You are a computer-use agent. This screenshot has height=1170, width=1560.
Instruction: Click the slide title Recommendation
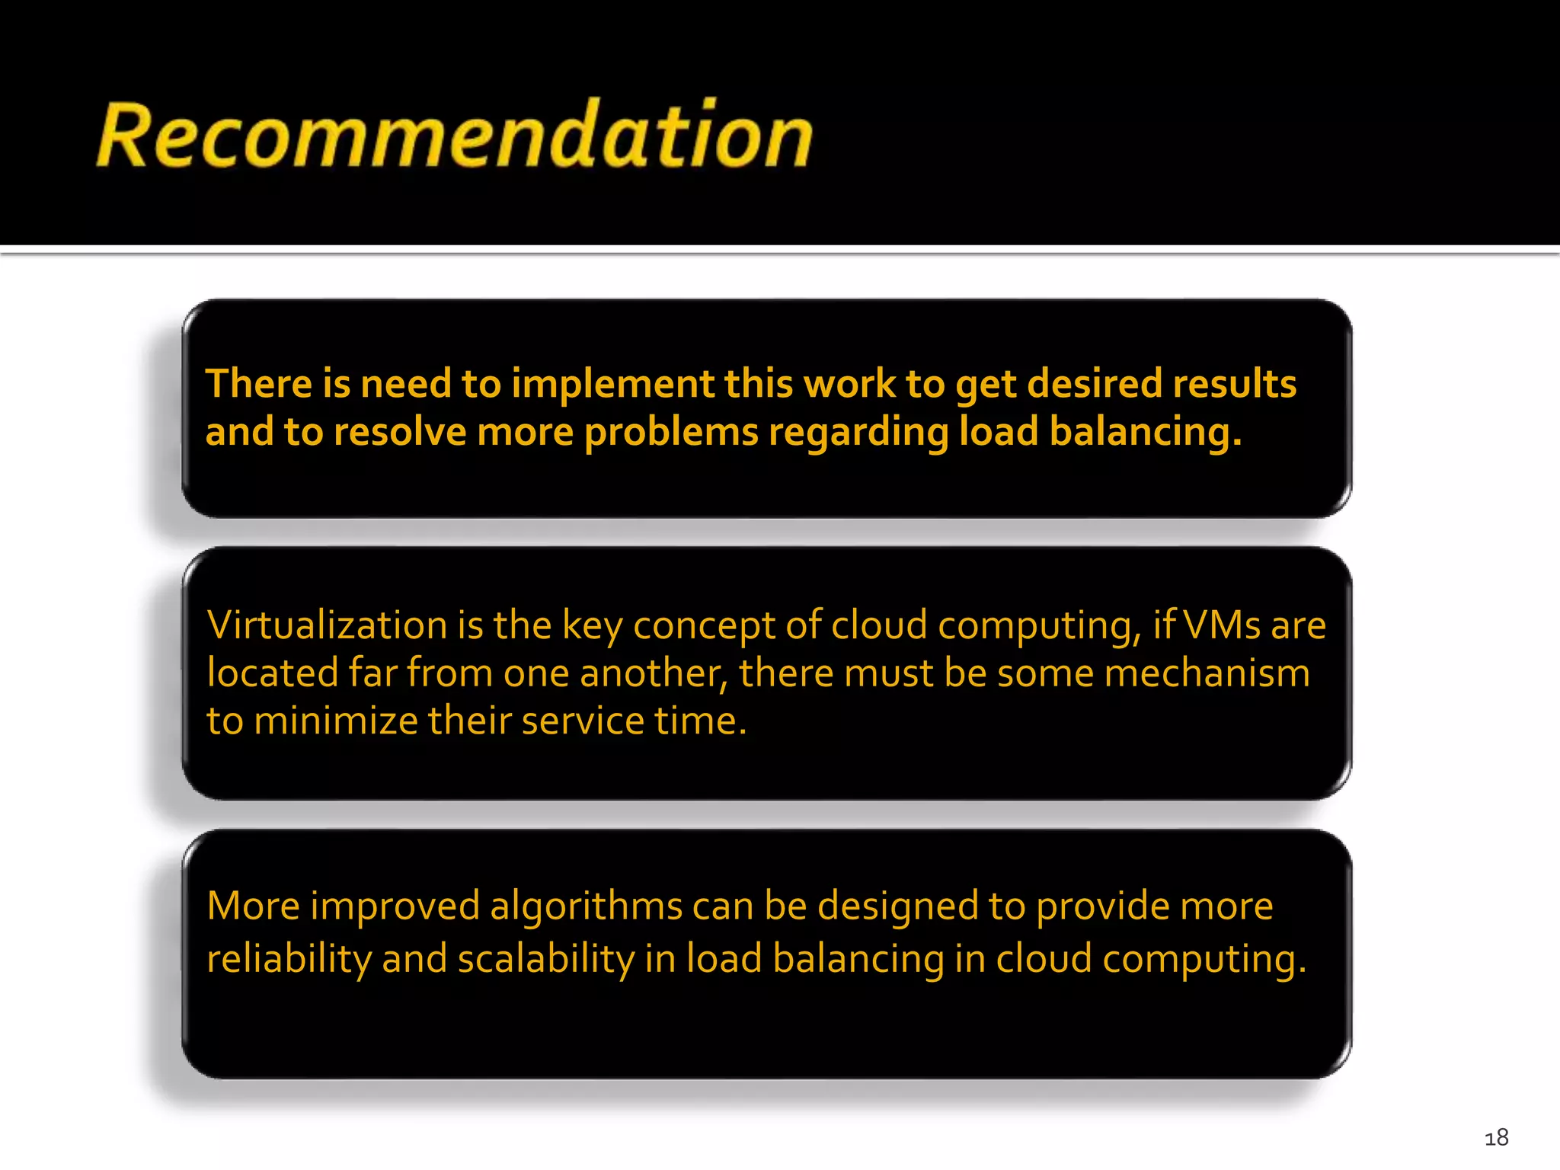click(455, 135)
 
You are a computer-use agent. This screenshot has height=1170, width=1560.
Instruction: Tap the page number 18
click(1496, 1138)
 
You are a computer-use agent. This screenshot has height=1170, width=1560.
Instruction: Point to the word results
click(1234, 384)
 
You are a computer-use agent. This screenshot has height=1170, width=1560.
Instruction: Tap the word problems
click(671, 433)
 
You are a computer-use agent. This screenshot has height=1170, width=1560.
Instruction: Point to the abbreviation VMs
click(1223, 625)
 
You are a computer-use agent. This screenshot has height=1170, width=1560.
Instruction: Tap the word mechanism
click(1207, 673)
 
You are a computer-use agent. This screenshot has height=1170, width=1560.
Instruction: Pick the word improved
click(395, 907)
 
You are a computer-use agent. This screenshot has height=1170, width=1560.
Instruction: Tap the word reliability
click(289, 959)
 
